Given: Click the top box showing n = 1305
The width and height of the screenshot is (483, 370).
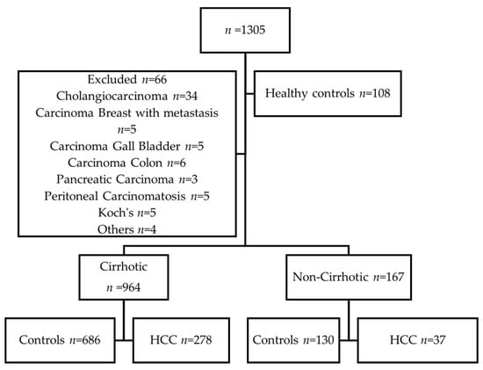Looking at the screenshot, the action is [x=245, y=30].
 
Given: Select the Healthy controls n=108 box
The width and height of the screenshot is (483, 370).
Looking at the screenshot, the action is [x=328, y=93].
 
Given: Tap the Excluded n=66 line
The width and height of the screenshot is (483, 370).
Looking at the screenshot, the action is [x=127, y=80].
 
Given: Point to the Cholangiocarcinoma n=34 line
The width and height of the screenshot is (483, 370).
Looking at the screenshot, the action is [x=127, y=96].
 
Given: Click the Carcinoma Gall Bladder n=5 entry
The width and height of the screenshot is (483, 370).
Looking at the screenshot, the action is [x=127, y=146].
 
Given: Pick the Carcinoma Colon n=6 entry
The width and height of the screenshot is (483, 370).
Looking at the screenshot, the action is [x=127, y=163].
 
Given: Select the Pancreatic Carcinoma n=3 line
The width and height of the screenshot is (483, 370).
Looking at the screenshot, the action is [x=127, y=179].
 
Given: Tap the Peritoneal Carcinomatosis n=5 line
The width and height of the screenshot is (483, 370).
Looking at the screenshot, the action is [x=127, y=196].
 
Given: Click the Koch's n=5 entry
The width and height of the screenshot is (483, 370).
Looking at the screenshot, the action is [x=127, y=213].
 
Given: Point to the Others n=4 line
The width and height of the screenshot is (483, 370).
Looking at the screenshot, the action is [x=127, y=229].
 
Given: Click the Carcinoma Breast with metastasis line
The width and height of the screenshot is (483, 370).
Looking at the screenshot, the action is [x=127, y=112].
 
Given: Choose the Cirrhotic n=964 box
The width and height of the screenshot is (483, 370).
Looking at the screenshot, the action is [x=124, y=277].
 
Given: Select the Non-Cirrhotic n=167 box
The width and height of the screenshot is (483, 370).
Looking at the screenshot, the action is [x=349, y=277].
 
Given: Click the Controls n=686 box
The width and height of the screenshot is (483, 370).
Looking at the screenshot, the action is [x=60, y=340].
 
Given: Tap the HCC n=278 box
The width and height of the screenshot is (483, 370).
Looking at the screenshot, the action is [x=181, y=340].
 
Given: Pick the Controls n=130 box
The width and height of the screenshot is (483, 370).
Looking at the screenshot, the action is [x=293, y=340].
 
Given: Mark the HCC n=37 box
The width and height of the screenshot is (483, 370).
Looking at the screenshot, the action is [x=418, y=340].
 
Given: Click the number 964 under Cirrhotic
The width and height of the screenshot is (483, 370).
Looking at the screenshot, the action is [x=131, y=287].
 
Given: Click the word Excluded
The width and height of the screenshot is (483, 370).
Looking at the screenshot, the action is [x=112, y=80].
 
